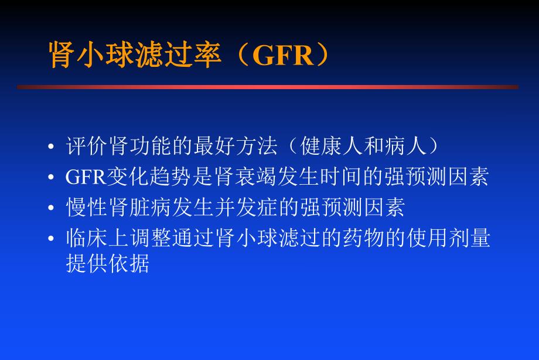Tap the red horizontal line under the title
[x=268, y=87]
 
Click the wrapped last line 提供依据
[x=108, y=264]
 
